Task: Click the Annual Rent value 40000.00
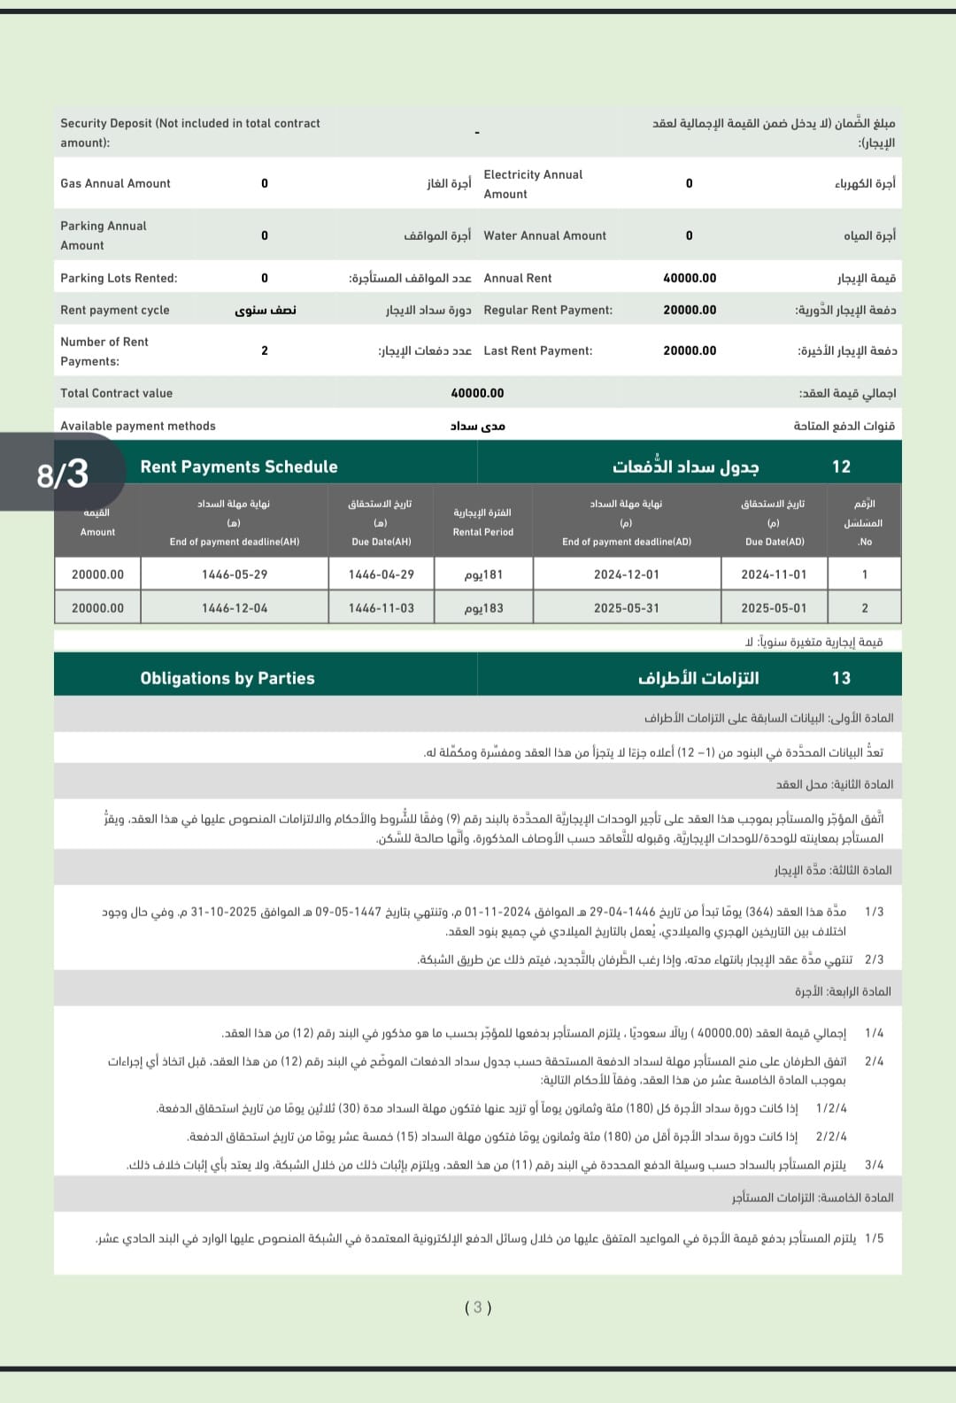point(690,278)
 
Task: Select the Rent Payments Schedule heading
point(239,466)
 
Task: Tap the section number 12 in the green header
point(841,466)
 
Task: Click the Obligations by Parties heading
point(227,678)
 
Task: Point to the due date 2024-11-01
point(774,574)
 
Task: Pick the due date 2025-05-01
point(774,608)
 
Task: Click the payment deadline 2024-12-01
point(626,574)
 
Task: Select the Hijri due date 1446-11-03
point(381,608)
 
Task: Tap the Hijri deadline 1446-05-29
point(235,574)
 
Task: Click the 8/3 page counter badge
point(62,474)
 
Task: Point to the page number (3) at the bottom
point(478,1307)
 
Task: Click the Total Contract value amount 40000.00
point(477,393)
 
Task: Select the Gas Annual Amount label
point(115,183)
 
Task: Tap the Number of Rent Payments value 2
point(265,351)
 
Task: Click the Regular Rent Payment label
point(548,310)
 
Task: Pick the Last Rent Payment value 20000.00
point(690,351)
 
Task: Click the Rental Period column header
point(482,522)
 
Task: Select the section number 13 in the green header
point(841,678)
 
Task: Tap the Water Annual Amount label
point(544,235)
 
